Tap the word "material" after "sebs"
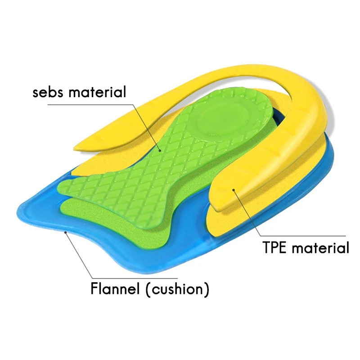pos(99,93)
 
